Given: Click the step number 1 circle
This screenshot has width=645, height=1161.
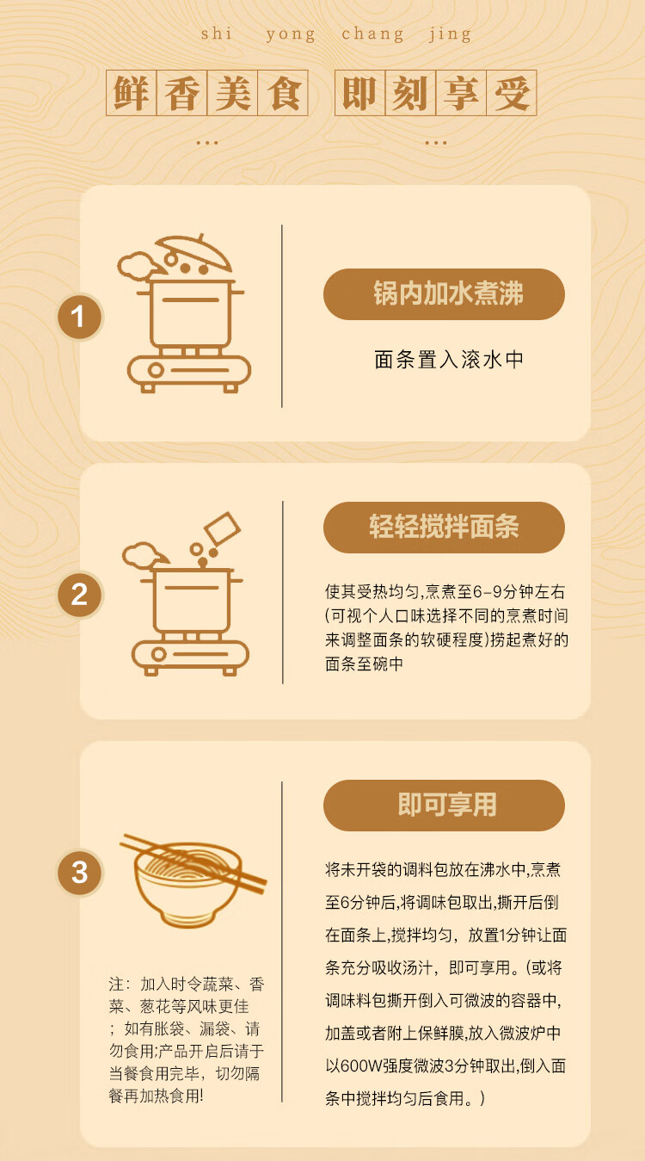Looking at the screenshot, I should (x=78, y=318).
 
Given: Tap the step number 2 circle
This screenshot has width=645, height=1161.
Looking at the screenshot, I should (x=79, y=595).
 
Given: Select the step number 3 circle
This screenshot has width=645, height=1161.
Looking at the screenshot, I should (x=79, y=873).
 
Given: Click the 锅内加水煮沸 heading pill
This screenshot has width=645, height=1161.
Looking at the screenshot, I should (x=444, y=294).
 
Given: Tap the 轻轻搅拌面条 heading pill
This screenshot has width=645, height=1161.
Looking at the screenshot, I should (x=444, y=528).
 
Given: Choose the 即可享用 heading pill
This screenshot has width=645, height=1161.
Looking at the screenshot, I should (x=444, y=806).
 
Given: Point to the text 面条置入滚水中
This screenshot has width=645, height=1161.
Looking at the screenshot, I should (x=449, y=360).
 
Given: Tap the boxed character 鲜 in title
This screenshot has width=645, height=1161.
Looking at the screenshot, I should (x=132, y=93).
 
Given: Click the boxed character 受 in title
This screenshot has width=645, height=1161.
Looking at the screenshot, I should (x=511, y=93).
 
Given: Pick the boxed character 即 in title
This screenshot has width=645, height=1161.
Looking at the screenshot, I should (x=360, y=93).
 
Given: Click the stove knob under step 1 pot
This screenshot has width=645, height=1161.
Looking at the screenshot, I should (x=156, y=371).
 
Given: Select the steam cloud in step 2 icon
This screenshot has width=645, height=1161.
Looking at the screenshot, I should (x=141, y=555).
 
